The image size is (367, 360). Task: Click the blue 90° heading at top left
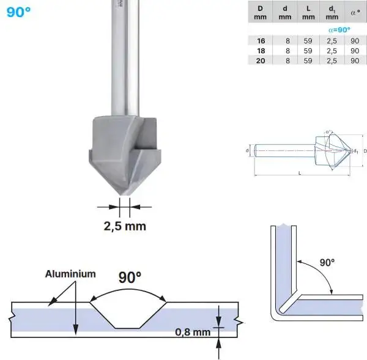click(19, 11)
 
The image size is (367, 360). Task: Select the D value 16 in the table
click(261, 40)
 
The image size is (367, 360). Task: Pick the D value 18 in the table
click(261, 50)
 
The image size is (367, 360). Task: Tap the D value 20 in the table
click(261, 60)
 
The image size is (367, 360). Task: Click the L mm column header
click(308, 12)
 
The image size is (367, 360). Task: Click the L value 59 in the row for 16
click(308, 40)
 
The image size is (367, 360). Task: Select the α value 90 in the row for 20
click(355, 60)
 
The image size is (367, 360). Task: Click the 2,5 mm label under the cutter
click(124, 226)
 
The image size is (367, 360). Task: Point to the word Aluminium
click(70, 274)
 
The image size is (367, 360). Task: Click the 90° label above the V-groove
click(129, 277)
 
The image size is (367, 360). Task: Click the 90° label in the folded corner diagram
click(327, 262)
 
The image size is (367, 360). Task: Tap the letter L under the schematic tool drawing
click(299, 174)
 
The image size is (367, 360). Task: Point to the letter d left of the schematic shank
click(247, 150)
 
